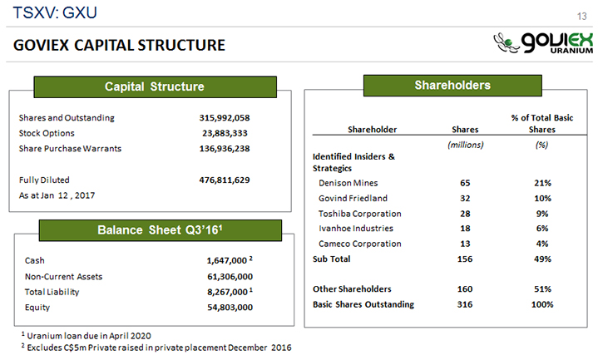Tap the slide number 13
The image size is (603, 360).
[x=582, y=16]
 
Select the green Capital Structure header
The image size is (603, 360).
[x=154, y=87]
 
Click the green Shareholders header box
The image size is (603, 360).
[x=452, y=85]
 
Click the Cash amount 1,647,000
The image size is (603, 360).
[x=226, y=261]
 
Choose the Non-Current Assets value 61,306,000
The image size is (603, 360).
[x=230, y=277]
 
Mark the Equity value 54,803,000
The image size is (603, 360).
[x=230, y=308]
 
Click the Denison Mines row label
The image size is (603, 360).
[x=348, y=183]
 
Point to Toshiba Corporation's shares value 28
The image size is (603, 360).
[x=465, y=214]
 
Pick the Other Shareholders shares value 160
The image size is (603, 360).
[x=465, y=289]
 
